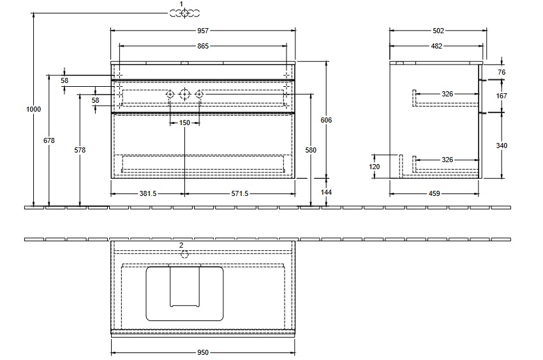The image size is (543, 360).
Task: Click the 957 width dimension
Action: pos(203,31)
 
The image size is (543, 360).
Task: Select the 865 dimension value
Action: pos(203,46)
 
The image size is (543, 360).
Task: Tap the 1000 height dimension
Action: pos(34,109)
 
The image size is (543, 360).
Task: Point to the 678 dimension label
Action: pos(49,140)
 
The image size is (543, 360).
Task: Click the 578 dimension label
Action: pos(80,150)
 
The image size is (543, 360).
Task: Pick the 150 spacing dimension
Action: pos(184,123)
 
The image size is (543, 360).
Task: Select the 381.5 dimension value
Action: pos(148,193)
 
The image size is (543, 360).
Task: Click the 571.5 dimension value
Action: pos(240,193)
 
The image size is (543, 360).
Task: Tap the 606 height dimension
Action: pos(326,120)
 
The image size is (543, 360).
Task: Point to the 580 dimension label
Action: pos(311,150)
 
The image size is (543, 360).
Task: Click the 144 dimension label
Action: pos(326,192)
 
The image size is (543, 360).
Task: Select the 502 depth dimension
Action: pos(438,31)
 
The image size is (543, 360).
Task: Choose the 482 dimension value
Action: pos(436,46)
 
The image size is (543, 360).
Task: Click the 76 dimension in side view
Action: pos(502,72)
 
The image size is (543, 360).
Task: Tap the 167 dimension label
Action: pos(502,96)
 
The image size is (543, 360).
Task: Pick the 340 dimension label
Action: pos(502,146)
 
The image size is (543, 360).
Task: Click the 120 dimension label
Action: pos(375,167)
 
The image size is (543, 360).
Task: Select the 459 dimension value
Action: pos(435,193)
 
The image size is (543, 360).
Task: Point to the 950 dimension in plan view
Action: pos(203,352)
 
